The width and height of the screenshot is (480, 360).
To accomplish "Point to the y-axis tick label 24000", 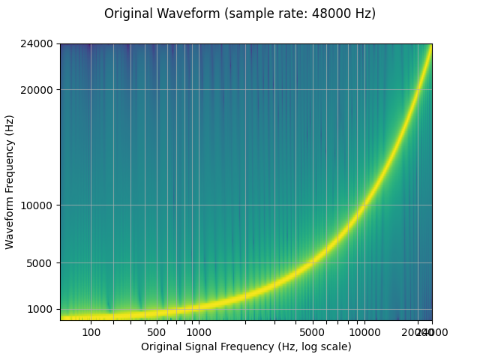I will (x=37, y=44).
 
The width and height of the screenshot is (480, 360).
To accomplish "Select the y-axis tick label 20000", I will (x=37, y=90).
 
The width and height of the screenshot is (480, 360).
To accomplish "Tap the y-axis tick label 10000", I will (x=37, y=205).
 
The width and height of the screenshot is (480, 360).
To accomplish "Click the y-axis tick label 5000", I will (x=40, y=263).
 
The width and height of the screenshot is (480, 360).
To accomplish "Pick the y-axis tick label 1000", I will (x=40, y=309).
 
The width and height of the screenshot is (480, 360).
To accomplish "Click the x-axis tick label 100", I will (x=91, y=332).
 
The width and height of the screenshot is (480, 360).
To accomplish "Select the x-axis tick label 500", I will (x=157, y=332).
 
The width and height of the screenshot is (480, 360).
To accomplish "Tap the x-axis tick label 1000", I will (x=198, y=332).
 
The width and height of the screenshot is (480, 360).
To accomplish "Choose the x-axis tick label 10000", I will (x=364, y=332).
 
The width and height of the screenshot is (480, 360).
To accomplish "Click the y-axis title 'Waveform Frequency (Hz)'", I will (x=10, y=182).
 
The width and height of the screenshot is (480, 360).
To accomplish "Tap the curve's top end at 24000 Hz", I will (x=430, y=46).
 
